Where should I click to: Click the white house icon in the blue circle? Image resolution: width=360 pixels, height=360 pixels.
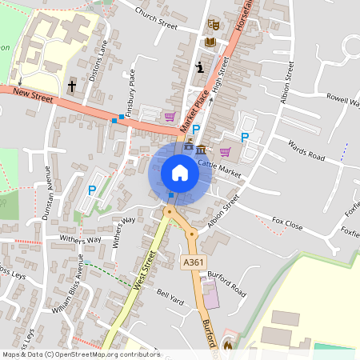(x=180, y=173)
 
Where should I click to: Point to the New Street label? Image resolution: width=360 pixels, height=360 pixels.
(x=32, y=97)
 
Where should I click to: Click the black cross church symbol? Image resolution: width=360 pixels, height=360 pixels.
(x=71, y=85)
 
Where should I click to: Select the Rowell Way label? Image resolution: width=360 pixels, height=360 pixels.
(x=342, y=100)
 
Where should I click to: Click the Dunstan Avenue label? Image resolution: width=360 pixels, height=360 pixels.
(x=47, y=193)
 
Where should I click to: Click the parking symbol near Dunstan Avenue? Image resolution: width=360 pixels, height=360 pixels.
(x=91, y=190)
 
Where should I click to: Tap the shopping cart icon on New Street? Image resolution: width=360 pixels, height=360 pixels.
(x=170, y=116)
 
